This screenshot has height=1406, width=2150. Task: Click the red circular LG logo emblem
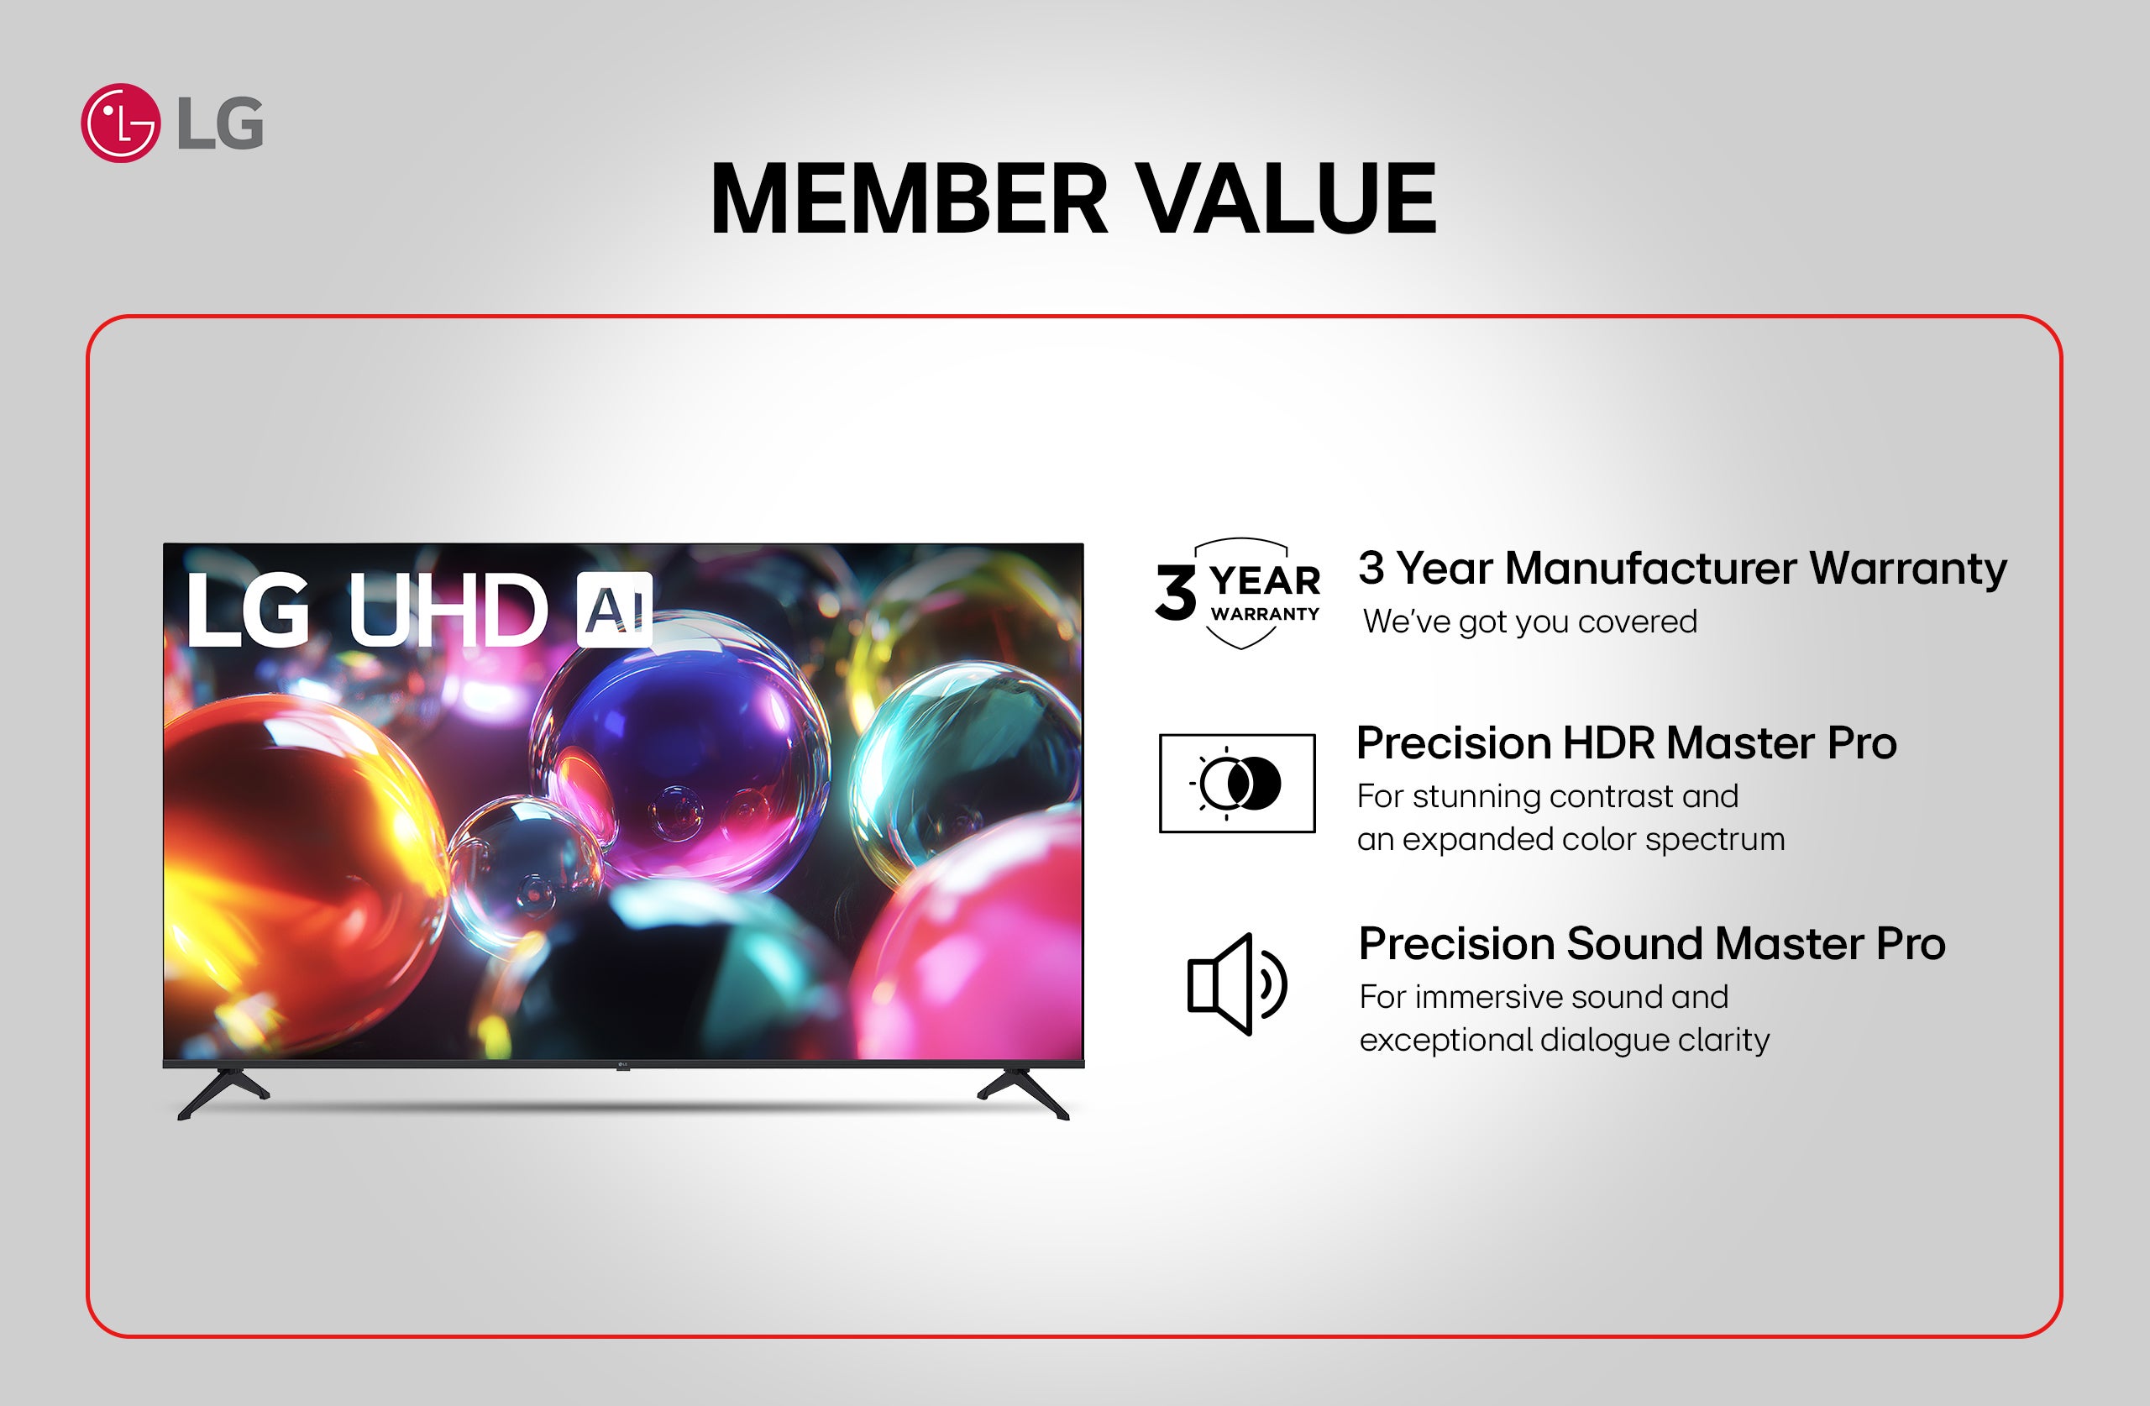point(120,123)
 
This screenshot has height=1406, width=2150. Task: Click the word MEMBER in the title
point(908,199)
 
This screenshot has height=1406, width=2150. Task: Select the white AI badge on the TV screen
point(614,610)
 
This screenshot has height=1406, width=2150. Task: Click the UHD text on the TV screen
point(447,611)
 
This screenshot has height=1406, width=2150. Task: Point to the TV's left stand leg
point(223,1093)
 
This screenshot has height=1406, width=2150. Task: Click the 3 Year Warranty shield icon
point(1239,594)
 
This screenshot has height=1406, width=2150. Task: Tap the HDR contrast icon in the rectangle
point(1237,784)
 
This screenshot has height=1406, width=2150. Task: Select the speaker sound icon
point(1235,984)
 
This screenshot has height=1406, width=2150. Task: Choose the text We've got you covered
point(1529,622)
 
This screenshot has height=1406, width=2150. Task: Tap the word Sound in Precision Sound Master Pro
point(1634,944)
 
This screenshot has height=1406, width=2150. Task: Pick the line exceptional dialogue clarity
point(1564,1040)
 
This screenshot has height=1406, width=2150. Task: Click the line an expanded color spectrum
point(1570,839)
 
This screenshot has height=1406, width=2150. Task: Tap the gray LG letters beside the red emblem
point(220,123)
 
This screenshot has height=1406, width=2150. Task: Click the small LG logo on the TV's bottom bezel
point(622,1065)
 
